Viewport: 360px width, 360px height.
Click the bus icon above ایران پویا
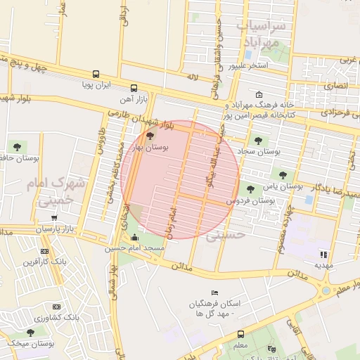(96, 74)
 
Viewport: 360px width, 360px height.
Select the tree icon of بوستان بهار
(149, 135)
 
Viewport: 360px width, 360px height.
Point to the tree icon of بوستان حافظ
(17, 147)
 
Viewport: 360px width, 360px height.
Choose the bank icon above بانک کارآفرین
(44, 251)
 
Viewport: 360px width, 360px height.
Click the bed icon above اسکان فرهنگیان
(214, 292)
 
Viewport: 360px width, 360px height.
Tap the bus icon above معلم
(240, 334)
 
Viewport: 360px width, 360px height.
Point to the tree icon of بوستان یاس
(283, 175)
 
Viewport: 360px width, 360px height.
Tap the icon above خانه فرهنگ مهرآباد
(259, 95)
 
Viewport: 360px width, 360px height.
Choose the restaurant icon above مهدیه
(323, 255)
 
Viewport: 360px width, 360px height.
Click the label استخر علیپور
(248, 66)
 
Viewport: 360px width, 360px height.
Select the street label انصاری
(336, 85)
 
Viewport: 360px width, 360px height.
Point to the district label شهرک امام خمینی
(54, 192)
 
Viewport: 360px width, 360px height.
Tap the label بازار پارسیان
(55, 229)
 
